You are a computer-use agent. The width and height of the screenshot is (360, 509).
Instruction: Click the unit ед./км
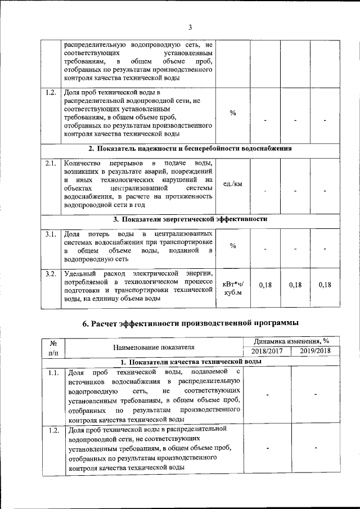click(x=232, y=183)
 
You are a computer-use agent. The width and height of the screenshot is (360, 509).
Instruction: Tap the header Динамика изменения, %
click(x=291, y=342)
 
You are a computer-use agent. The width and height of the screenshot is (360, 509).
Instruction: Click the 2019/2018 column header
click(x=315, y=352)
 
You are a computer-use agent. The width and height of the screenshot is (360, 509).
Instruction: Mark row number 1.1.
click(x=54, y=372)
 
